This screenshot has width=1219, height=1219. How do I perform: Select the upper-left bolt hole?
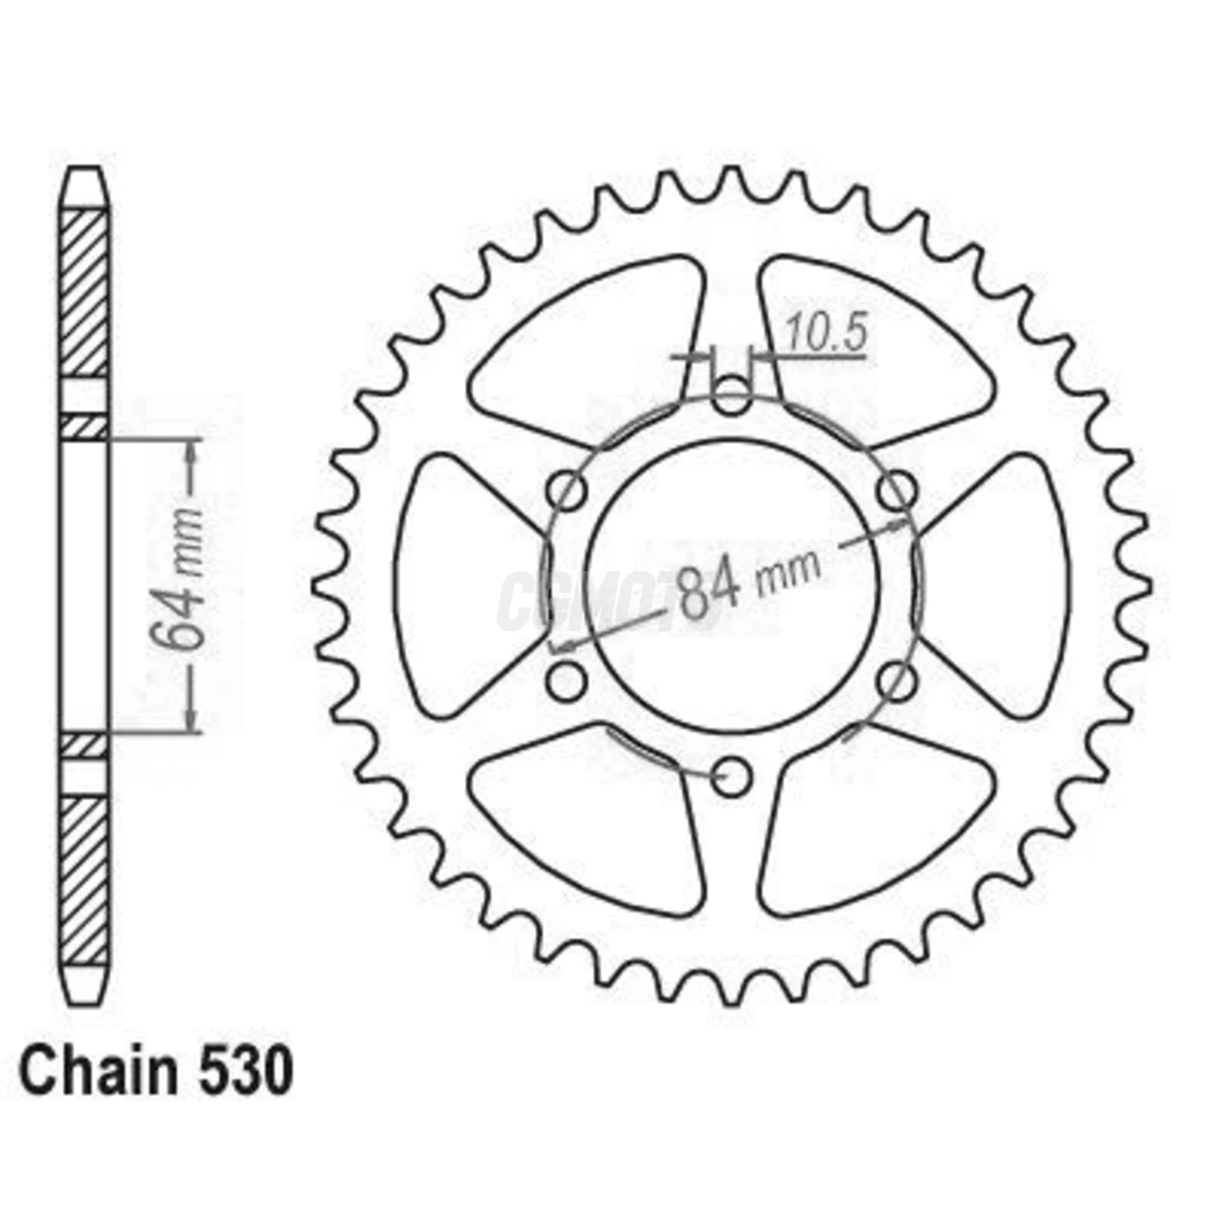point(569,491)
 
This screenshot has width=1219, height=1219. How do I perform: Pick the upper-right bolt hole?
point(896,491)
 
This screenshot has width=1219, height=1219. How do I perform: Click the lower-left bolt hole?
point(569,680)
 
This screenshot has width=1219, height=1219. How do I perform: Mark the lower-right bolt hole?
point(896,680)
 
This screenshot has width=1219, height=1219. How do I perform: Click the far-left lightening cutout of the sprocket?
point(461,585)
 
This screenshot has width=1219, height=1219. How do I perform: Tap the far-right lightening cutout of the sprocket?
point(1001,585)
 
